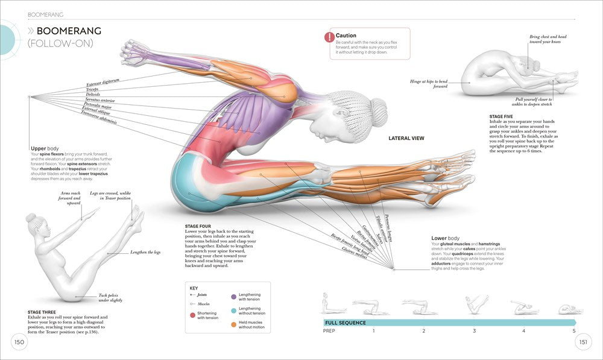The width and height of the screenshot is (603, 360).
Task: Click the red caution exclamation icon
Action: (x=329, y=37)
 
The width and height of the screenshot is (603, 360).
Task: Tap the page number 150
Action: (x=19, y=343)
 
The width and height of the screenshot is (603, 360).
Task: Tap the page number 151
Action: (x=583, y=343)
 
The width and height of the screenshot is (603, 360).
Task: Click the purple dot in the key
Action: (x=234, y=296)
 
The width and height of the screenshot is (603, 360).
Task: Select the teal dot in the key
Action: (x=234, y=311)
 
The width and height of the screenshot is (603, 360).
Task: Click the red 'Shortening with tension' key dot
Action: (x=192, y=315)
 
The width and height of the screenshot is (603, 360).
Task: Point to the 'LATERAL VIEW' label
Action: (x=406, y=138)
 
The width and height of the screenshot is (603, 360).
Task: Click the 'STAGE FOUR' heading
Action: (x=198, y=226)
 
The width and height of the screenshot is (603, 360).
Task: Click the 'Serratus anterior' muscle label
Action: (x=99, y=99)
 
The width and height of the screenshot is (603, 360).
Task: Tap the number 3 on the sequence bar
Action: (x=474, y=331)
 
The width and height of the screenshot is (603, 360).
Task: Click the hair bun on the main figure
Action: (x=378, y=109)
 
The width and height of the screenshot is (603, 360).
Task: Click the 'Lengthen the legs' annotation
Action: (x=146, y=253)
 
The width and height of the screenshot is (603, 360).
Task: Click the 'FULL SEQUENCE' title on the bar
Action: (x=345, y=323)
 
